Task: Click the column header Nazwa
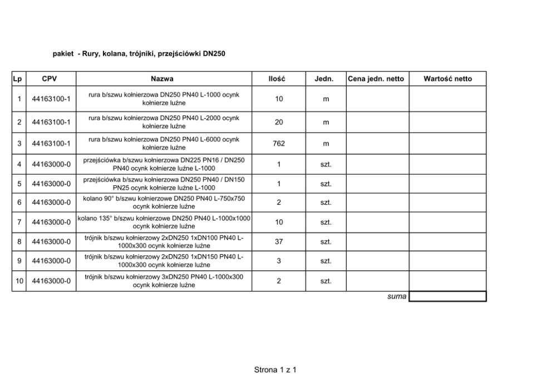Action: click(x=162, y=79)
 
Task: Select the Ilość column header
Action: click(x=277, y=79)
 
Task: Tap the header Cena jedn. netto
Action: click(x=376, y=79)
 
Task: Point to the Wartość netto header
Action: click(x=447, y=79)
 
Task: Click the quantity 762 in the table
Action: click(x=279, y=144)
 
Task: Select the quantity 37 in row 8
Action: click(x=279, y=242)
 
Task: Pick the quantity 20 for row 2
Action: click(x=279, y=122)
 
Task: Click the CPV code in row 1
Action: click(x=51, y=100)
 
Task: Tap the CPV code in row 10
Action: click(x=51, y=281)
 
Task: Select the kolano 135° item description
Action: click(x=164, y=222)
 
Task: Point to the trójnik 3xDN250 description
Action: click(x=164, y=281)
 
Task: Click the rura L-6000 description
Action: click(x=164, y=144)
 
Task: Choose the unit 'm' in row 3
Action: click(x=326, y=144)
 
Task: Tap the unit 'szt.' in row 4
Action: click(x=326, y=164)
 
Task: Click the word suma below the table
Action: click(x=397, y=297)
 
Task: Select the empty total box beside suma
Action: click(x=447, y=297)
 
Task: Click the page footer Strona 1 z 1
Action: click(x=275, y=369)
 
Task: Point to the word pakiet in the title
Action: click(x=63, y=54)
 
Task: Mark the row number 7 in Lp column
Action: click(x=19, y=222)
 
